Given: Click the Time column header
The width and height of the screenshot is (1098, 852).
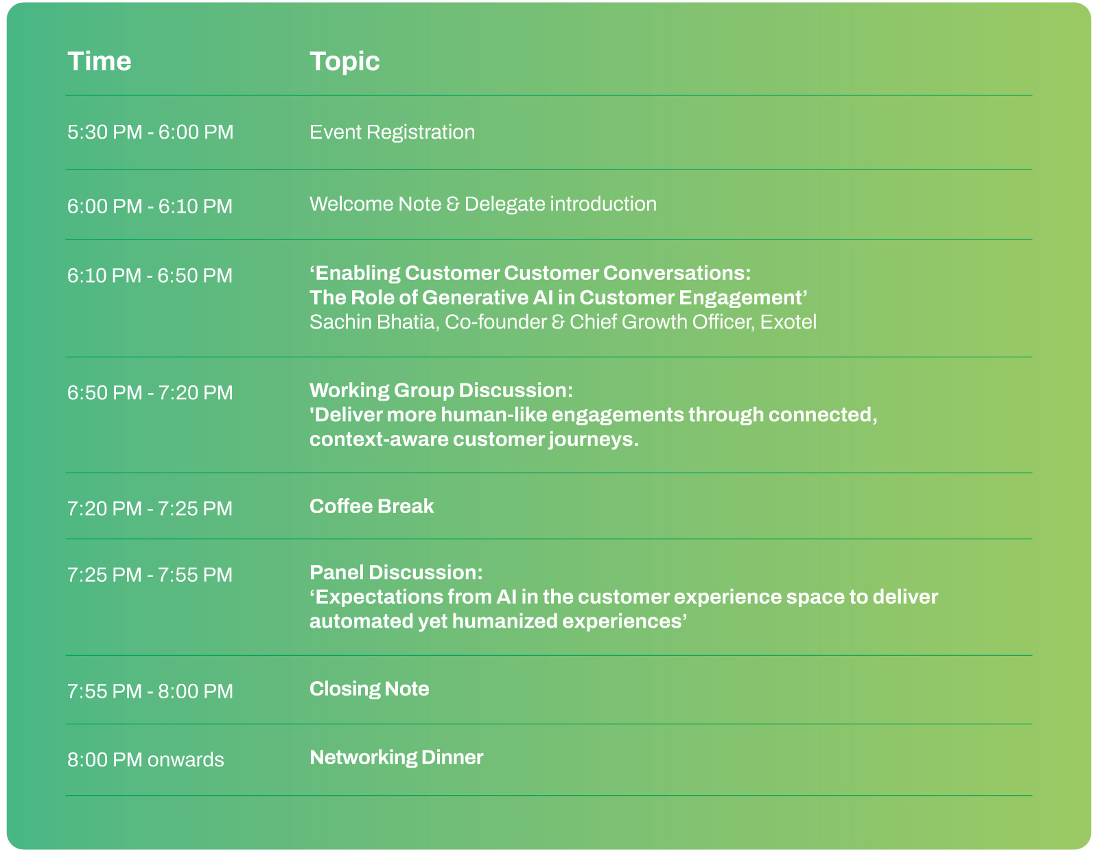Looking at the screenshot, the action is pyautogui.click(x=100, y=61).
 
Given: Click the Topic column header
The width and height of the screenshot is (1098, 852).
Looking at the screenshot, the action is pyautogui.click(x=344, y=62).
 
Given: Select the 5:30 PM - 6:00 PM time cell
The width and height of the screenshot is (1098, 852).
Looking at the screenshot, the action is pyautogui.click(x=150, y=132).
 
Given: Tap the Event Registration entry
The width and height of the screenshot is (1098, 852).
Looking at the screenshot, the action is pyautogui.click(x=392, y=132).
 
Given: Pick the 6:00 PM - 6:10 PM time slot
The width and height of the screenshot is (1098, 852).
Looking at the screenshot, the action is pyautogui.click(x=150, y=206).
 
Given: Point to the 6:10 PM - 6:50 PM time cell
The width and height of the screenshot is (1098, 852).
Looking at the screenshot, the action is pyautogui.click(x=150, y=276).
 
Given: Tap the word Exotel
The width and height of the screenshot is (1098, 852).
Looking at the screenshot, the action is pyautogui.click(x=789, y=322).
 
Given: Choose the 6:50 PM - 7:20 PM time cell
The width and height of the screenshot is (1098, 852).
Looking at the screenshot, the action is pyautogui.click(x=150, y=393).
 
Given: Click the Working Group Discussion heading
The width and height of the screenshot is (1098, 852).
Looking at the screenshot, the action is pyautogui.click(x=441, y=390).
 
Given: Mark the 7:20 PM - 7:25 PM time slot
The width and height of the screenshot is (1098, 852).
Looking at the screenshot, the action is pyautogui.click(x=150, y=508).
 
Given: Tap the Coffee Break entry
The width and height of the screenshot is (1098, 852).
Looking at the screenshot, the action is pyautogui.click(x=371, y=506).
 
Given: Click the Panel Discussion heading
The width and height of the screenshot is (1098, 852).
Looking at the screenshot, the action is pyautogui.click(x=396, y=573).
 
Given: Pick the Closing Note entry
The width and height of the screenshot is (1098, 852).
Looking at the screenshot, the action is pyautogui.click(x=369, y=689).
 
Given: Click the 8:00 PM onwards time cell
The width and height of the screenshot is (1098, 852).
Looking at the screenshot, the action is pyautogui.click(x=145, y=759).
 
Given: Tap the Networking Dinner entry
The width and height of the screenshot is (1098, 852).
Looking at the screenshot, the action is pyautogui.click(x=396, y=757).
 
